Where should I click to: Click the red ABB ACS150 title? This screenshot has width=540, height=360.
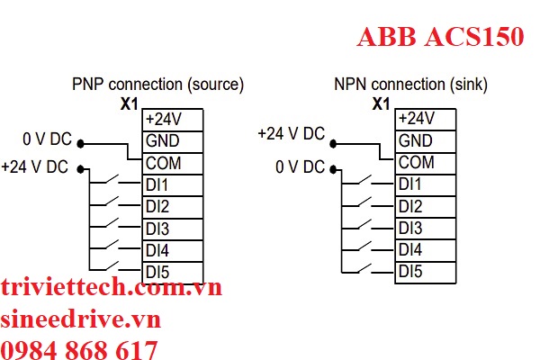[x=440, y=38]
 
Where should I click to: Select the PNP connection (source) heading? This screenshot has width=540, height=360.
[x=157, y=85]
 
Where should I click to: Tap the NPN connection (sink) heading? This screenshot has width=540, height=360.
[x=410, y=85]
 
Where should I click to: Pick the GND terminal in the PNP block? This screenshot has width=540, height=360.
[x=162, y=141]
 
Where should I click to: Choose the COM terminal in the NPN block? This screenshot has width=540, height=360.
[x=416, y=163]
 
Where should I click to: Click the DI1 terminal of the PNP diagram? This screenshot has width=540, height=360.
[x=157, y=185]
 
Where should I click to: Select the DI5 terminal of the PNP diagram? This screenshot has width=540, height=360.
[x=157, y=271]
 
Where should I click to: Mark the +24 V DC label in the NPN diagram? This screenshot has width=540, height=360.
[x=291, y=133]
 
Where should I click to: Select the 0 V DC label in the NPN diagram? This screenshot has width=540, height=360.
[x=300, y=167]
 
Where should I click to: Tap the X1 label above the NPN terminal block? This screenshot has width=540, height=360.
[x=381, y=103]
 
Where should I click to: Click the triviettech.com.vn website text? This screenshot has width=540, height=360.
[x=112, y=288]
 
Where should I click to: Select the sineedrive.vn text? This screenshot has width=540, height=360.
[x=80, y=319]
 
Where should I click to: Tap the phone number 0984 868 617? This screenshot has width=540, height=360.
[x=80, y=349]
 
